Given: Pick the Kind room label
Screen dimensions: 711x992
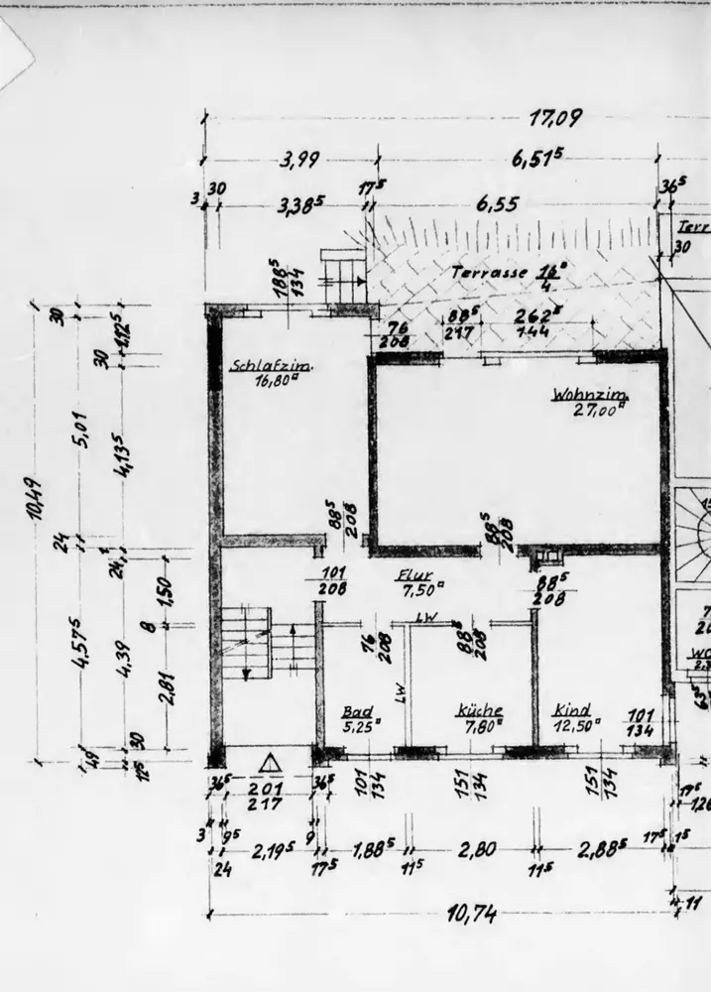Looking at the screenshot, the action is click(x=573, y=710).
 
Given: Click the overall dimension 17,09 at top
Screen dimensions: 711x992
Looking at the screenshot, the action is click(x=554, y=118).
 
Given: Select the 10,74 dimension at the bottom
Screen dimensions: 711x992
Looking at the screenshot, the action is click(x=472, y=914).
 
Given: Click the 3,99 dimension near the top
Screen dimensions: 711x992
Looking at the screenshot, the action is click(x=298, y=160).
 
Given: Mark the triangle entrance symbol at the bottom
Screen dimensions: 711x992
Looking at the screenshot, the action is click(x=269, y=764).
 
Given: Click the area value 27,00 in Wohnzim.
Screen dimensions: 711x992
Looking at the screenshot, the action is click(x=599, y=409).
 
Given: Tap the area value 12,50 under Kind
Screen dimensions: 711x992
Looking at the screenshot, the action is click(x=580, y=724).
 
